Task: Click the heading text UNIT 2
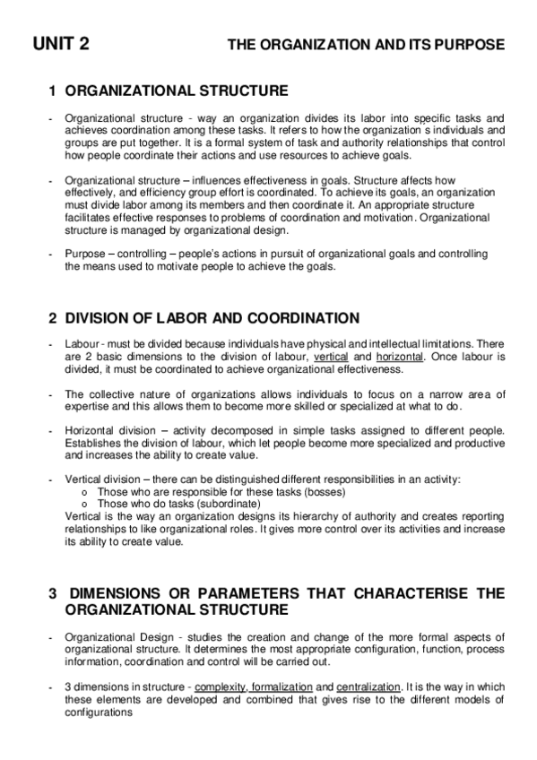tap(61, 43)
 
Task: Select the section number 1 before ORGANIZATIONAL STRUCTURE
tap(53, 91)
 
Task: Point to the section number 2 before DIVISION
tap(53, 318)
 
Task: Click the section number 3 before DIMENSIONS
tap(53, 593)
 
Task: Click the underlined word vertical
tap(330, 357)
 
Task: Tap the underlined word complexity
tap(221, 687)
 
